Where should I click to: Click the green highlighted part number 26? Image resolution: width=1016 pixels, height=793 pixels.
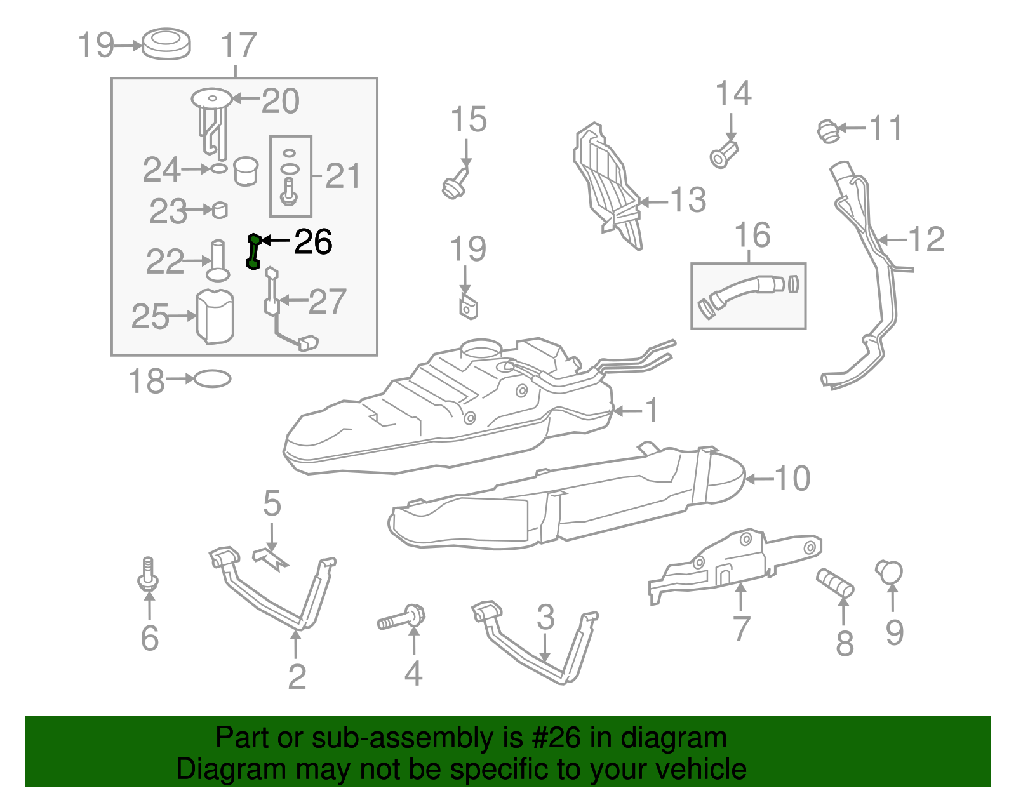[x=253, y=252]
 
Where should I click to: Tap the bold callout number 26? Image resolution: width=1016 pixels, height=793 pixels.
[x=313, y=242]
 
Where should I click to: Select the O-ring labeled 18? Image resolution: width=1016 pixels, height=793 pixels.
[x=212, y=379]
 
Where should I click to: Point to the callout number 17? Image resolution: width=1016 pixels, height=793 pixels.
[x=239, y=45]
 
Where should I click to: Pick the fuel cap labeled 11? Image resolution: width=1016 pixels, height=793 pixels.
[x=827, y=132]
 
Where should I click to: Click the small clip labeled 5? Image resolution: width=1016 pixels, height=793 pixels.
[x=271, y=559]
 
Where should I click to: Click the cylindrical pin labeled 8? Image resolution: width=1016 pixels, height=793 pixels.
[x=835, y=583]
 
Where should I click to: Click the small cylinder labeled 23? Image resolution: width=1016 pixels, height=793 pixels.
[x=220, y=210]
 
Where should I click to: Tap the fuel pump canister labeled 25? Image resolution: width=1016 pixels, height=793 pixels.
[x=215, y=317]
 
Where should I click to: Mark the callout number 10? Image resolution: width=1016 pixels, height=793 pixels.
[x=792, y=479]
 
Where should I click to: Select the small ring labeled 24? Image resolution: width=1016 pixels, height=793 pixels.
[x=219, y=168]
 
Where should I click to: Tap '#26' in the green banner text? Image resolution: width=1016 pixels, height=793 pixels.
[x=552, y=738]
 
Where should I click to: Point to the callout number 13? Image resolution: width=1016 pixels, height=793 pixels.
[x=688, y=200]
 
